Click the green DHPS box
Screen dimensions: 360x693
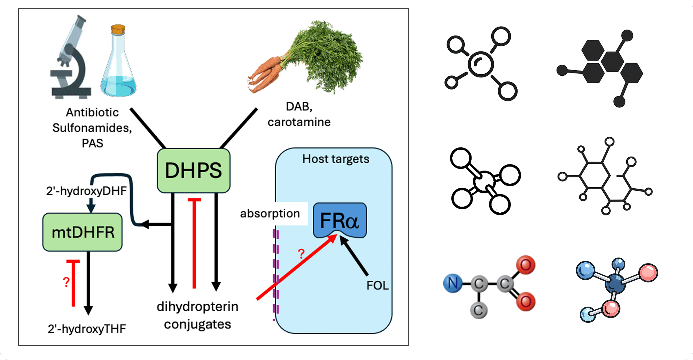click(193, 170)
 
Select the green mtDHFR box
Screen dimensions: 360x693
click(83, 232)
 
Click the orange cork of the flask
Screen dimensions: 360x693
click(118, 29)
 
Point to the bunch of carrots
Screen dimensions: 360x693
click(306, 58)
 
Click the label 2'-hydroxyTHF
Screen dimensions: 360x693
click(87, 329)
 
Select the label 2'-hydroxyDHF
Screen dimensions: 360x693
click(86, 191)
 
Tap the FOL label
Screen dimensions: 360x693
click(377, 285)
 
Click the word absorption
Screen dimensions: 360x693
click(270, 214)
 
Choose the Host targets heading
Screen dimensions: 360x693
click(336, 159)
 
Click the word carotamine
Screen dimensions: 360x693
click(299, 122)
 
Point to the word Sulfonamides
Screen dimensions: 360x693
click(92, 128)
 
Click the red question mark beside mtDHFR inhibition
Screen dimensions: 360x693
click(66, 282)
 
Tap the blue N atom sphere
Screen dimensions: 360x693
click(453, 283)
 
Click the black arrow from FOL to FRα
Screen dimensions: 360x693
click(354, 256)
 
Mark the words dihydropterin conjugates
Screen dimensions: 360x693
click(197, 315)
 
